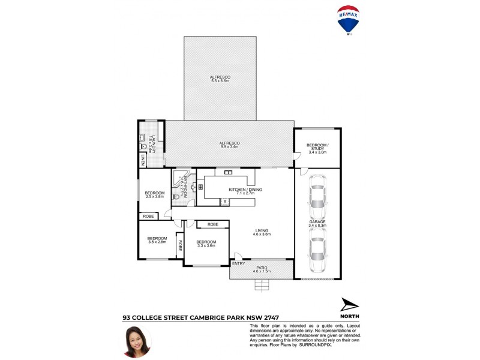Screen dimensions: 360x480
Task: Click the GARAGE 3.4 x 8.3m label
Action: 317,224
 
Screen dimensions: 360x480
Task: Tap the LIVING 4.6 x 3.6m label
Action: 262,232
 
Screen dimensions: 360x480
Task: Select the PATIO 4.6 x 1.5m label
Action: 262,269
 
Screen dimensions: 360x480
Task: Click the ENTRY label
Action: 238,263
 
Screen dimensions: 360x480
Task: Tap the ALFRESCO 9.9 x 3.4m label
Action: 229,144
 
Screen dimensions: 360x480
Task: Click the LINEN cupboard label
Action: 143,160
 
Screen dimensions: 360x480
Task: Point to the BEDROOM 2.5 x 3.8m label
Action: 154,194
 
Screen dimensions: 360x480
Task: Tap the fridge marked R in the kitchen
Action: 224,202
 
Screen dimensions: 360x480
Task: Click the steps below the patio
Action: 262,285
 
